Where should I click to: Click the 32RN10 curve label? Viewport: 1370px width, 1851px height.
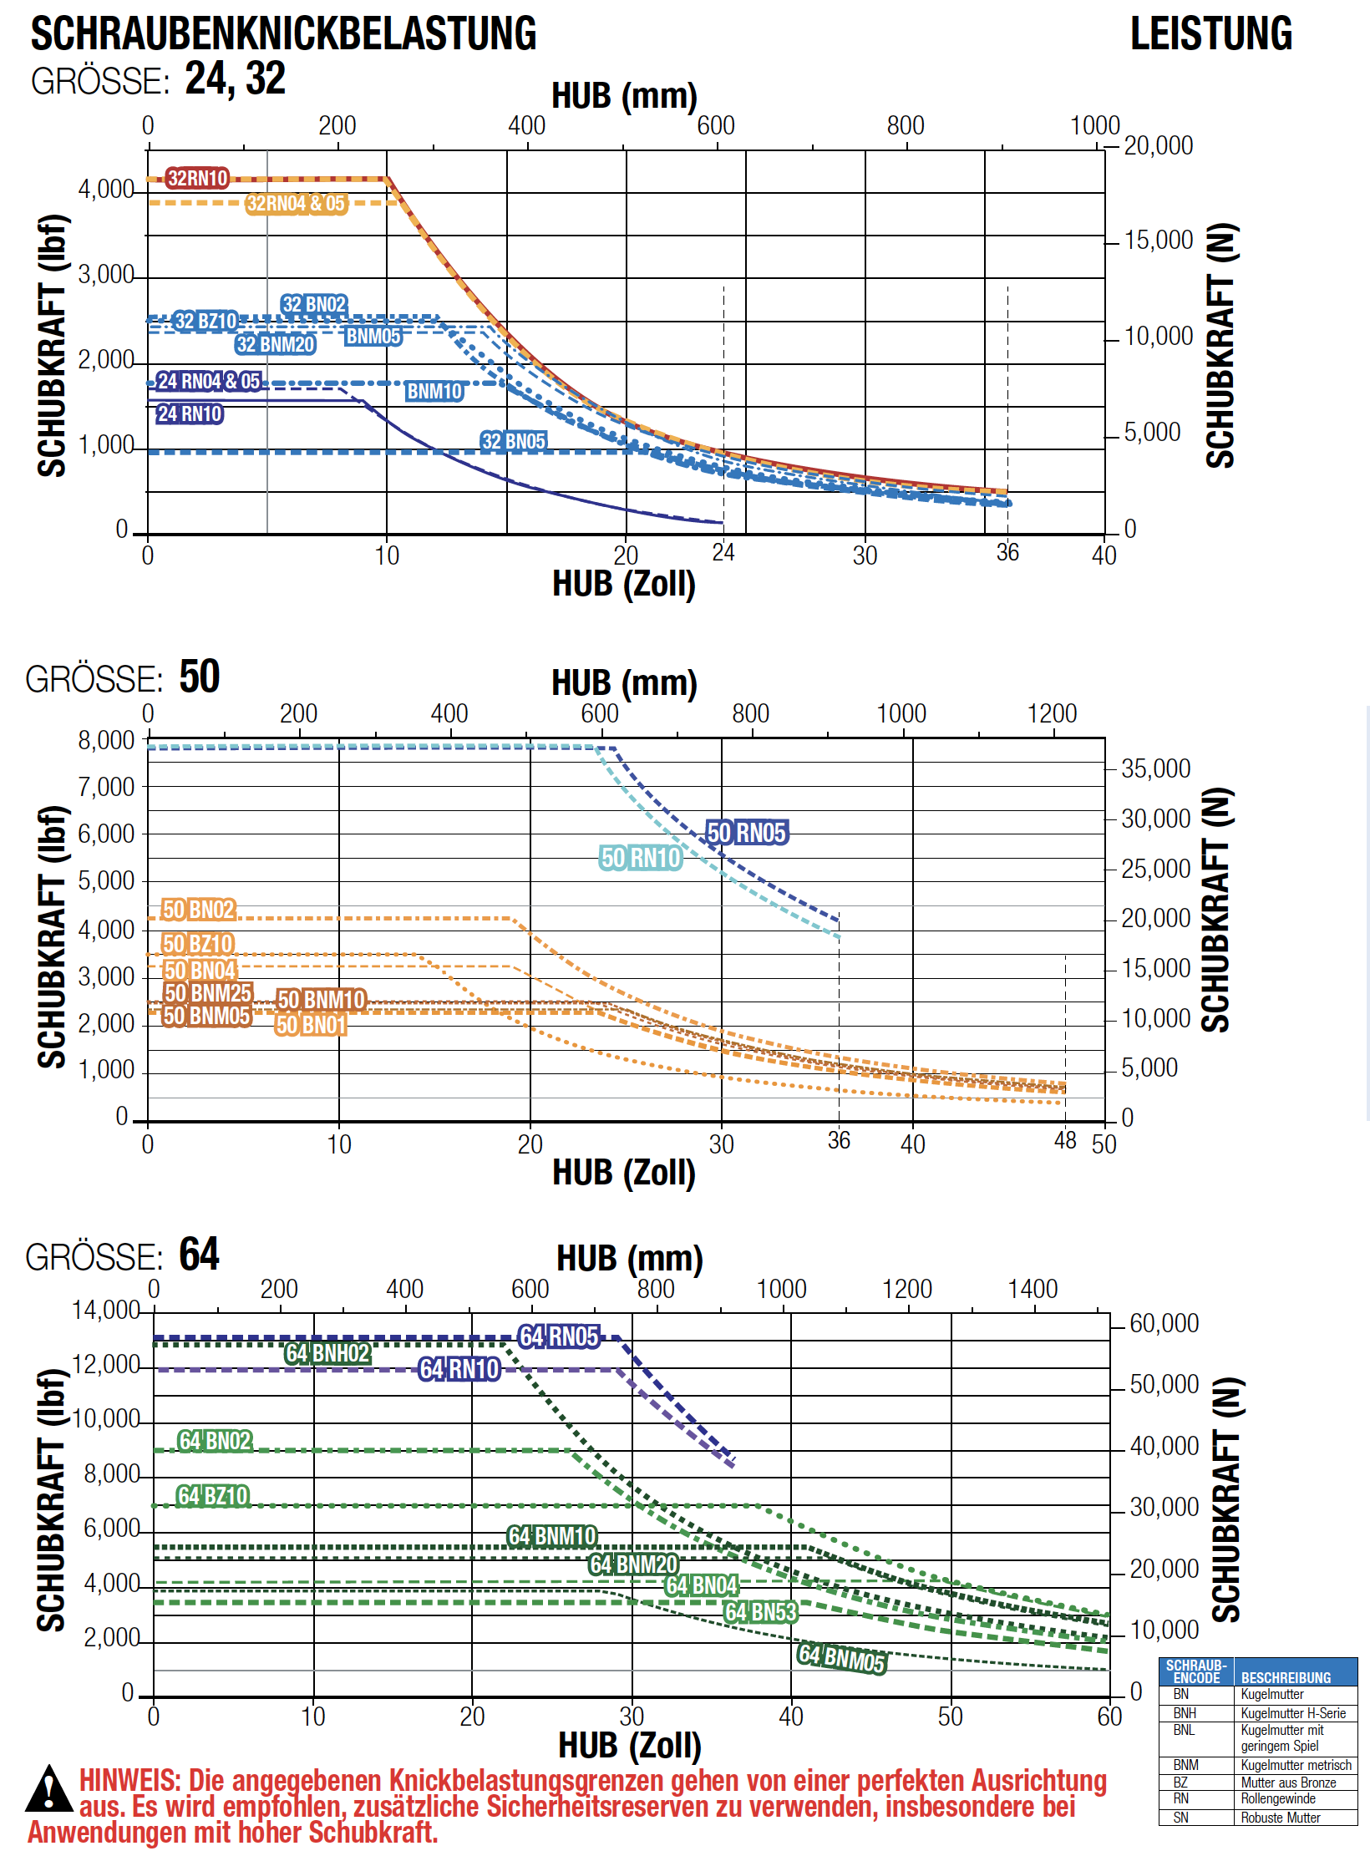tap(197, 178)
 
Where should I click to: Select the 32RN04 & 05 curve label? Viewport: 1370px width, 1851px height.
tap(296, 203)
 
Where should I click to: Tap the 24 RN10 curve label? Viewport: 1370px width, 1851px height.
tap(190, 413)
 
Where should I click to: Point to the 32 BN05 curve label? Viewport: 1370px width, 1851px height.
tap(514, 441)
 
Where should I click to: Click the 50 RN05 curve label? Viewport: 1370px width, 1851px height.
tap(747, 832)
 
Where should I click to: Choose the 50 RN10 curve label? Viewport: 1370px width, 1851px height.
tap(641, 858)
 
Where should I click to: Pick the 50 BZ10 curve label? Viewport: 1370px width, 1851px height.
tap(198, 944)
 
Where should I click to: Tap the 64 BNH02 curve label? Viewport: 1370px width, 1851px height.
tap(327, 1353)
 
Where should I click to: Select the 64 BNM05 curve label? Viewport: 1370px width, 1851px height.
tap(841, 1658)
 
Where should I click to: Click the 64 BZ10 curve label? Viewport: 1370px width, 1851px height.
tap(213, 1495)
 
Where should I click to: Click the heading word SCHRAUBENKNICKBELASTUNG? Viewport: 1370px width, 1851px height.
tap(283, 34)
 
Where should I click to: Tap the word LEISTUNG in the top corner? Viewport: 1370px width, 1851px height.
tap(1211, 34)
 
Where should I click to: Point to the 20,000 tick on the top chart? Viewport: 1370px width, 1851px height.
tap(1158, 146)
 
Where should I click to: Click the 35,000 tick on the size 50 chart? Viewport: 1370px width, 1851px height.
tap(1155, 768)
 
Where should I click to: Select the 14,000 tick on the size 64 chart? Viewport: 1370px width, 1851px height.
tap(105, 1310)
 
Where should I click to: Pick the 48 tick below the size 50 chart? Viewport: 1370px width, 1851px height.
tap(1065, 1140)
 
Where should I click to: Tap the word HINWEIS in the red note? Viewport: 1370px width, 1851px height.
tap(129, 1781)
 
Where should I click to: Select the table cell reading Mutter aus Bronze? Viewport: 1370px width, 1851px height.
tap(1288, 1783)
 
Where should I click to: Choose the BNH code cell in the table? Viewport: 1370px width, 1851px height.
tap(1185, 1713)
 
